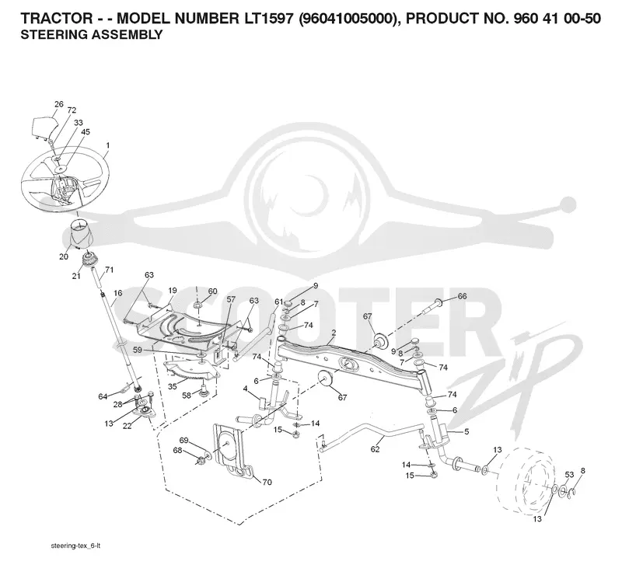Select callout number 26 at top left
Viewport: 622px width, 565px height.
tap(59, 104)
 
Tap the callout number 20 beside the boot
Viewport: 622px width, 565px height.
tap(64, 256)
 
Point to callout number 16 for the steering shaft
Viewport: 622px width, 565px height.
tap(118, 293)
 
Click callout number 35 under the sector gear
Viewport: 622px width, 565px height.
tap(172, 386)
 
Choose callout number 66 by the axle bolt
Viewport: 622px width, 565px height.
tap(462, 296)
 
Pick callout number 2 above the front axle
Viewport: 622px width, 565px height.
tap(334, 333)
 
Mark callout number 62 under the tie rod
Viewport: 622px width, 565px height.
tap(375, 449)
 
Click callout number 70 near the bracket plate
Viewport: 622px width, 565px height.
tap(267, 482)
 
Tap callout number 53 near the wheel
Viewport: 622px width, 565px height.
tap(569, 475)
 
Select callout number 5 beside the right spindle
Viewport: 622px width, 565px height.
tap(466, 431)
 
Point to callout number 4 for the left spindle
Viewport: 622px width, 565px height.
tap(246, 389)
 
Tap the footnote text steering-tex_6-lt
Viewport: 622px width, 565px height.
tap(75, 546)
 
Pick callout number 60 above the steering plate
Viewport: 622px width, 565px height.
tap(212, 291)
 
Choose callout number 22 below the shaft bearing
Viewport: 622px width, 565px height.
tap(127, 426)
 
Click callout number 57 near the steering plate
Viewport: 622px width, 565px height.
tap(231, 299)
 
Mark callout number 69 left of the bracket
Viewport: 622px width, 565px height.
tap(183, 440)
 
